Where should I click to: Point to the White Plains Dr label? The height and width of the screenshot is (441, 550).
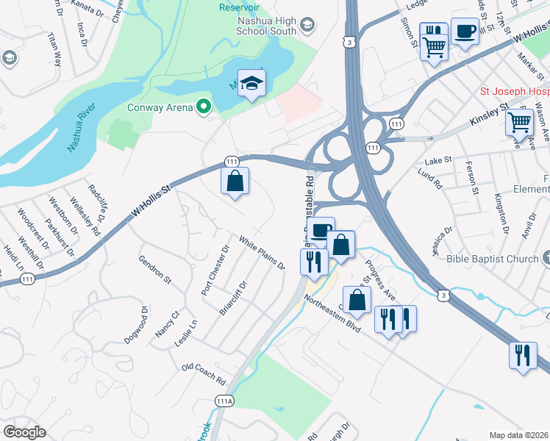pos(261,251)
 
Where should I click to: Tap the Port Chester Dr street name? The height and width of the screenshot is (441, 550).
pos(215,271)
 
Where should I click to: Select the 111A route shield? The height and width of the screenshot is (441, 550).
pos(224,401)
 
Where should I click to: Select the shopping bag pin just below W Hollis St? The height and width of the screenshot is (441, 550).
pos(235,180)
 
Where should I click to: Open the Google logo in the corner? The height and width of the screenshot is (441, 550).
pos(24,432)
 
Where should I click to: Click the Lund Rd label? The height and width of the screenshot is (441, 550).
pos(427,176)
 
